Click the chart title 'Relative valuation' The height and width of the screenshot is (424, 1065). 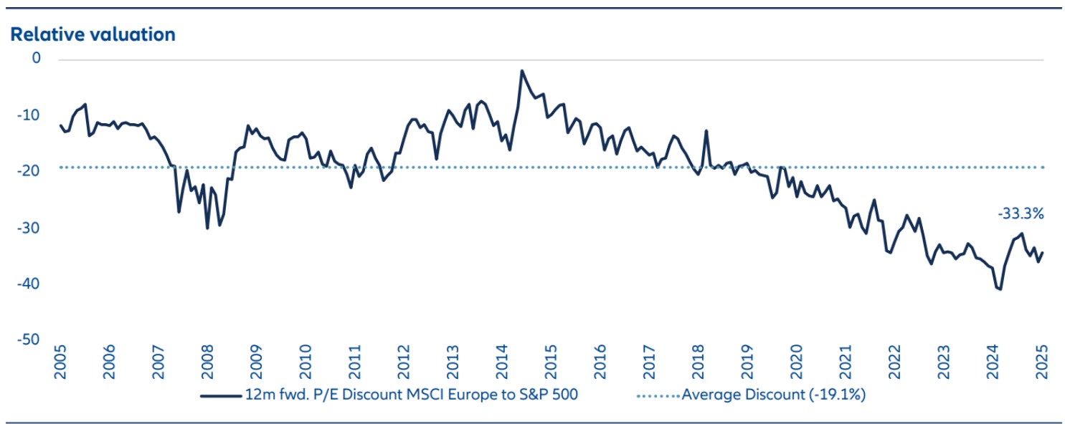pos(93,34)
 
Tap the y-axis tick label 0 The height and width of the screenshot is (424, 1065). pos(36,59)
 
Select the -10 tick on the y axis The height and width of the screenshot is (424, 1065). pos(32,115)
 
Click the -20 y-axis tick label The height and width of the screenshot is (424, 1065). pos(32,170)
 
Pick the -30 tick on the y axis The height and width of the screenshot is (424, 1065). pos(32,227)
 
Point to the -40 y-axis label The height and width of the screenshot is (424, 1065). pos(32,284)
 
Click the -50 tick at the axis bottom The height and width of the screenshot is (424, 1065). pos(32,339)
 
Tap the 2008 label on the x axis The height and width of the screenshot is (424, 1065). pos(207,364)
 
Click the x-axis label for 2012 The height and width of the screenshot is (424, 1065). pos(403,364)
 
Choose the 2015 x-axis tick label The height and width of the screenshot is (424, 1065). pos(551,364)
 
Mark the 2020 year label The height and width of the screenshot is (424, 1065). pos(796,364)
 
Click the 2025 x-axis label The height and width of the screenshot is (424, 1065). pos(1042,364)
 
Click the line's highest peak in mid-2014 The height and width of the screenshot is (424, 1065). pos(521,71)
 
